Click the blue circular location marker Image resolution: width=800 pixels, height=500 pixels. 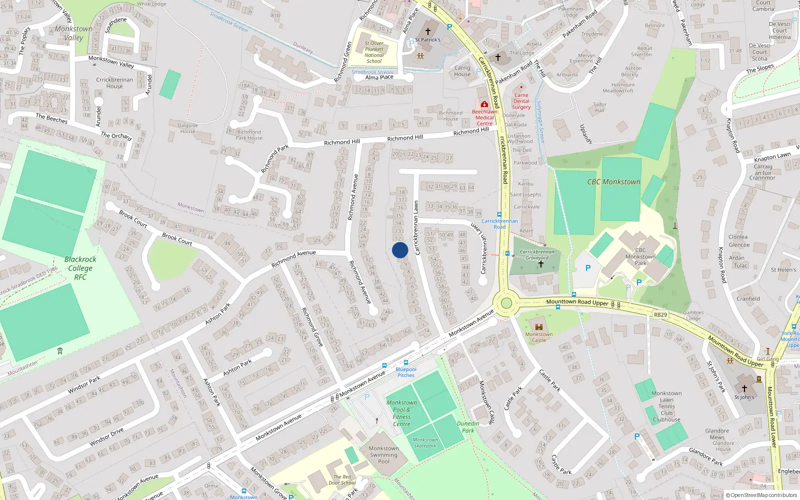pyautogui.click(x=400, y=250)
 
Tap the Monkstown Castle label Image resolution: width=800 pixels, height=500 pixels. pyautogui.click(x=538, y=337)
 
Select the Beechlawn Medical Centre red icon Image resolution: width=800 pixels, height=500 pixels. pyautogui.click(x=484, y=104)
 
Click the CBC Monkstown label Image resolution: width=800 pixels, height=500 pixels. pyautogui.click(x=613, y=182)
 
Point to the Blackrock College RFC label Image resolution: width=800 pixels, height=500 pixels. pyautogui.click(x=80, y=268)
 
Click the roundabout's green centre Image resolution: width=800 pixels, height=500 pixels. pyautogui.click(x=506, y=303)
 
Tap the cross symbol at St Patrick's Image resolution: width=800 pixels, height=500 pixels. pyautogui.click(x=427, y=31)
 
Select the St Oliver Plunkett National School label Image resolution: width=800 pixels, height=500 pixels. pyautogui.click(x=374, y=52)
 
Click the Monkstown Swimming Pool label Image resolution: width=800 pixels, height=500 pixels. pyautogui.click(x=383, y=454)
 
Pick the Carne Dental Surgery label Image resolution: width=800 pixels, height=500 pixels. pyautogui.click(x=521, y=101)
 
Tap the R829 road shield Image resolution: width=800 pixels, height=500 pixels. pyautogui.click(x=660, y=314)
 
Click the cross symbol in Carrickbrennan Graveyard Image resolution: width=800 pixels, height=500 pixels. pyautogui.click(x=540, y=264)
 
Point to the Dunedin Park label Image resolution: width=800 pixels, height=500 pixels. pyautogui.click(x=468, y=427)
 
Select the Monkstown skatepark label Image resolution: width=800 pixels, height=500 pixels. pyautogui.click(x=425, y=442)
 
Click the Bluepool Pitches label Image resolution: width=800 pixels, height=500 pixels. pyautogui.click(x=406, y=372)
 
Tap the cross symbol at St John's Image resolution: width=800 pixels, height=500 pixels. pyautogui.click(x=744, y=388)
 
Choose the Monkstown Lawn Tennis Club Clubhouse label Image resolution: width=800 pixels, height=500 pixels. pyautogui.click(x=666, y=406)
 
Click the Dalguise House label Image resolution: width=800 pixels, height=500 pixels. pyautogui.click(x=187, y=128)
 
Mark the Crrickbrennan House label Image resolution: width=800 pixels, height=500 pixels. pyautogui.click(x=114, y=83)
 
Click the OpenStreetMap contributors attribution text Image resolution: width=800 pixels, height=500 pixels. pyautogui.click(x=763, y=495)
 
